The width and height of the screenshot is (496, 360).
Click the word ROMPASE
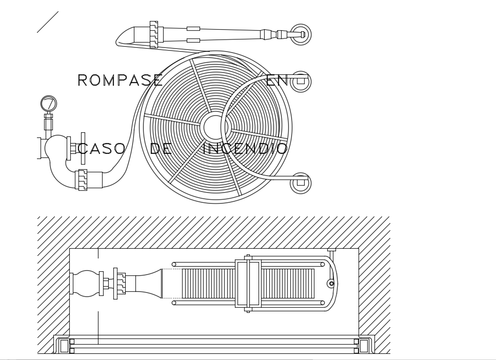click(120, 81)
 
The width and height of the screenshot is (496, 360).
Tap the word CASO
click(101, 149)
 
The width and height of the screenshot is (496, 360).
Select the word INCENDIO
click(245, 149)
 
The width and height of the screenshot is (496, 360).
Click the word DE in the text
click(161, 149)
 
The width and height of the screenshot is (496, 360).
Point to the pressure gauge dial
click(49, 104)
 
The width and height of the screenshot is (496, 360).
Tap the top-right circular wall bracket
click(301, 34)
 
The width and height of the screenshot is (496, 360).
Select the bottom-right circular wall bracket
click(301, 183)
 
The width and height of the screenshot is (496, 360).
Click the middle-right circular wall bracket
click(301, 82)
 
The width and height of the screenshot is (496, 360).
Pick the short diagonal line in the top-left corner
click(48, 22)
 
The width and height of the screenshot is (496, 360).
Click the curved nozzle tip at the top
click(126, 36)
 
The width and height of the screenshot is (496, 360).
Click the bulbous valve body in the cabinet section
click(86, 283)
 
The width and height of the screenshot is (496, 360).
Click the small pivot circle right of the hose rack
click(331, 284)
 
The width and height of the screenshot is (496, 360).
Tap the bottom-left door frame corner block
click(64, 346)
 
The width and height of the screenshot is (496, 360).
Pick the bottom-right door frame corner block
click(364, 346)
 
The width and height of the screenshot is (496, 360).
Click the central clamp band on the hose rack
click(248, 284)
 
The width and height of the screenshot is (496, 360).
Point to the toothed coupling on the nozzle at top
click(154, 35)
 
